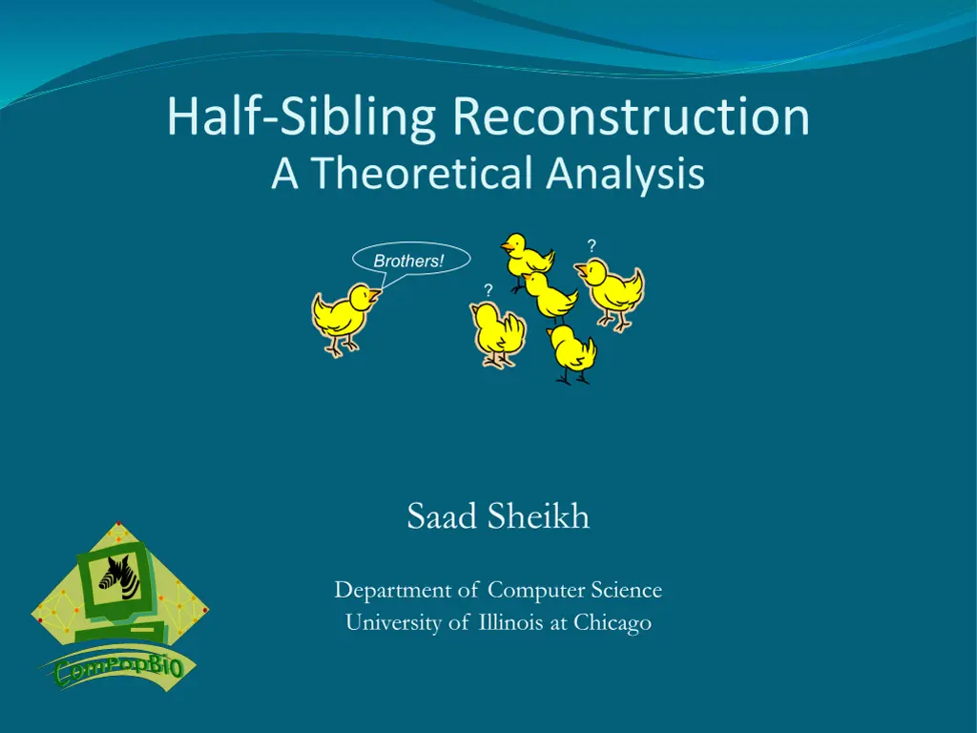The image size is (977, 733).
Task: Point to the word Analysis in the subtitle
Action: (625, 175)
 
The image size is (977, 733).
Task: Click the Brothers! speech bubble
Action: (410, 260)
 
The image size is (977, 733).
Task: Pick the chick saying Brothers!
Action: (343, 319)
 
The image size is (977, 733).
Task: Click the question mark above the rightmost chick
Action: (592, 245)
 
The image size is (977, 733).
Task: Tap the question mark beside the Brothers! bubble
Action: (488, 290)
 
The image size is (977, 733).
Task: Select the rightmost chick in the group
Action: (611, 293)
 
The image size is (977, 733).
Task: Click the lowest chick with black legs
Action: (572, 353)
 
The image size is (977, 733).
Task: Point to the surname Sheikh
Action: (538, 516)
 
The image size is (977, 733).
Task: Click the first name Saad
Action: (443, 517)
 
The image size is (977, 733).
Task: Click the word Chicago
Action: (613, 622)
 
